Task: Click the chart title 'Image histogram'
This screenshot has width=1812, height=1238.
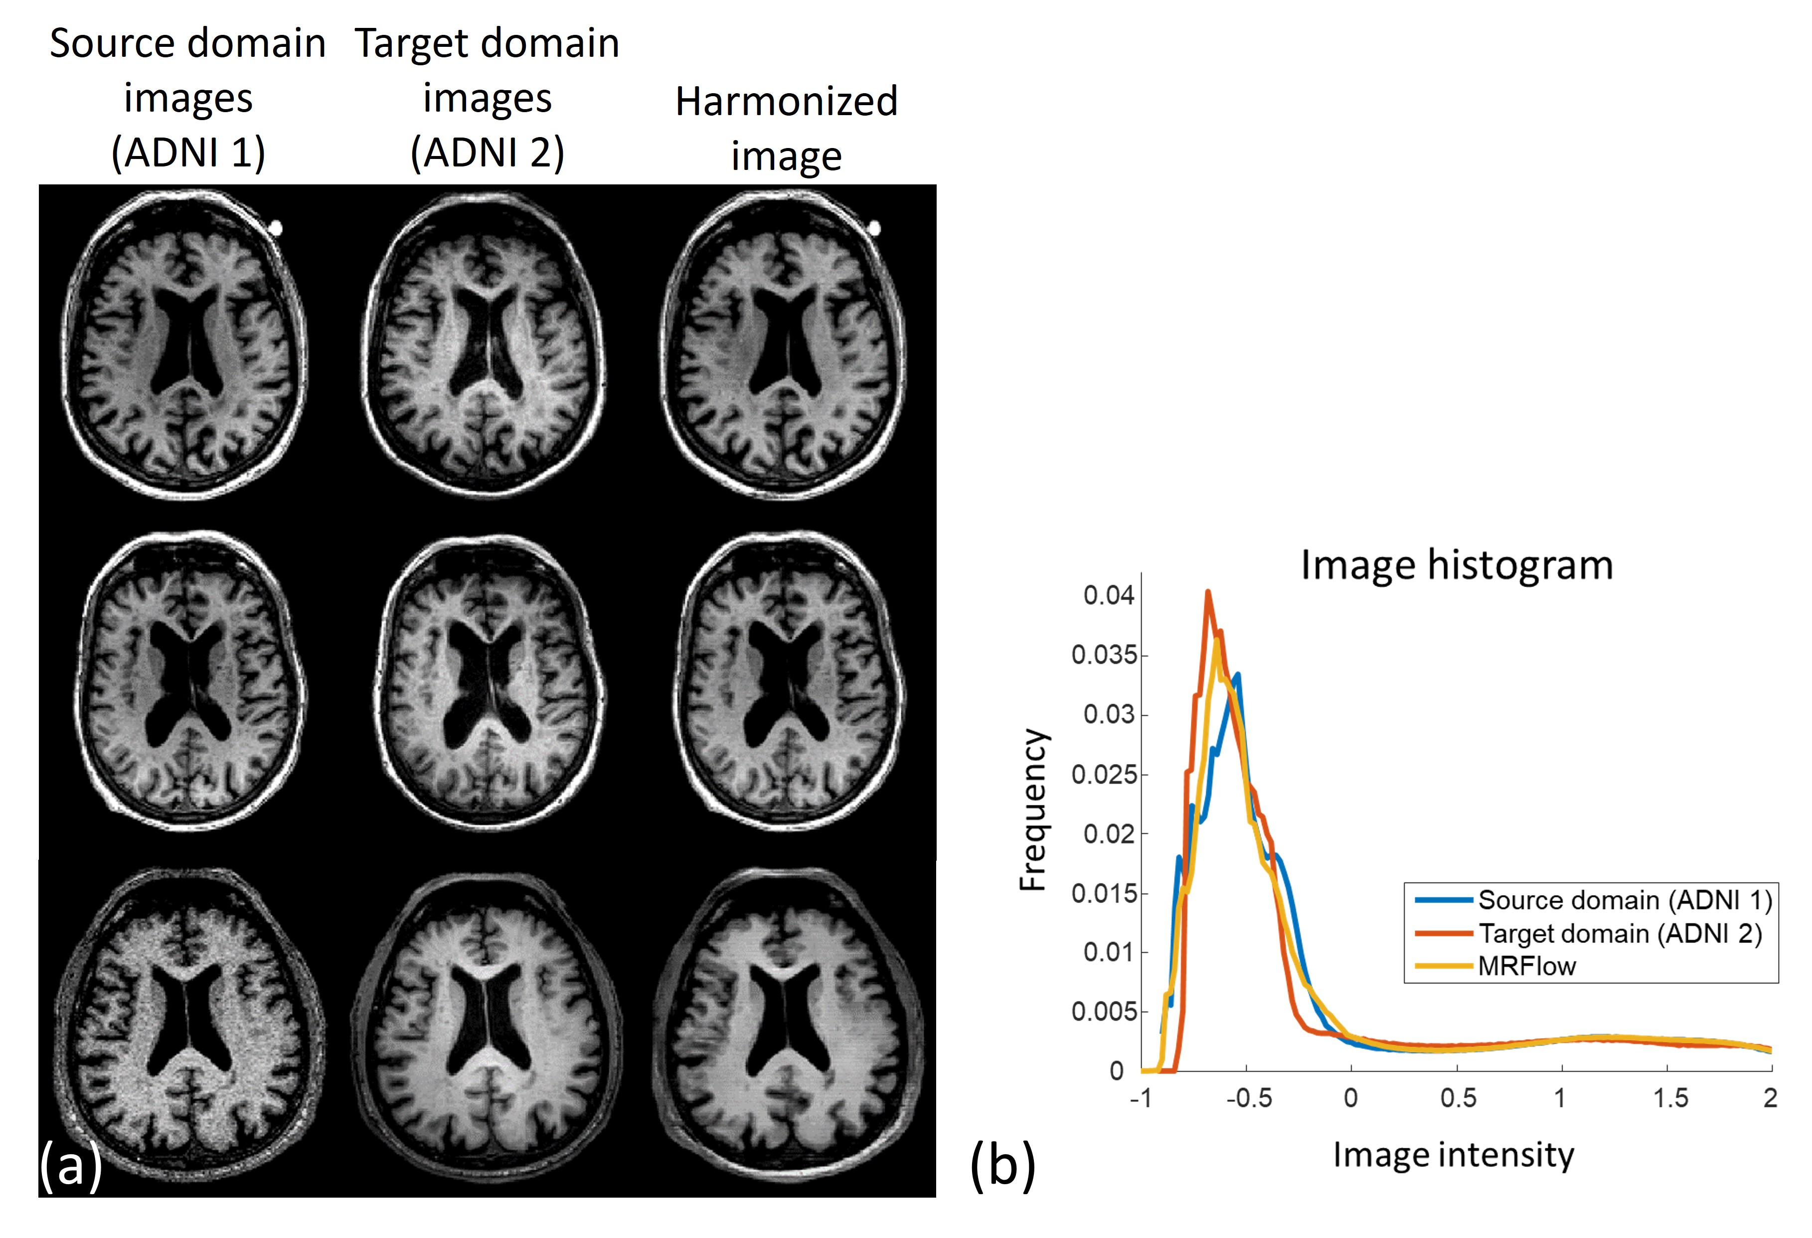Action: [1457, 565]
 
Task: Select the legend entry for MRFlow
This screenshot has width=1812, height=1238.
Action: [1527, 967]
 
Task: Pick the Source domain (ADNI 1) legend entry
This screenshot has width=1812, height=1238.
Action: [1625, 901]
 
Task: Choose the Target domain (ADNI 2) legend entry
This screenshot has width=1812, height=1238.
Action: [1620, 934]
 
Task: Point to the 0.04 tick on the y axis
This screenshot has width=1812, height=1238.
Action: [1109, 596]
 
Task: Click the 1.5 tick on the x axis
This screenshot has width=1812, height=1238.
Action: [1670, 1098]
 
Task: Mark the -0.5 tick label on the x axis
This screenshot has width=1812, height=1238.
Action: [1248, 1098]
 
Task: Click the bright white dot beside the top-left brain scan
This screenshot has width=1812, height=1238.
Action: [276, 228]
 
